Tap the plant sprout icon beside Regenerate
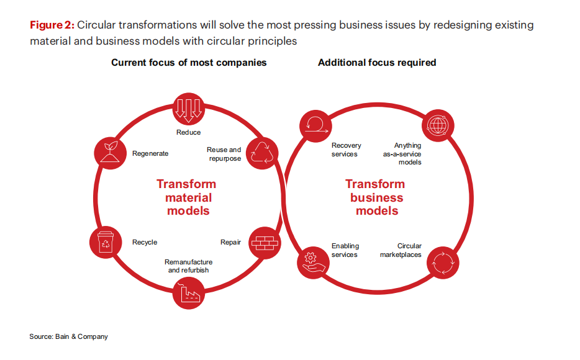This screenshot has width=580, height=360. [x=111, y=153]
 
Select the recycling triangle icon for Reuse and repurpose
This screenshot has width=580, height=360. [x=263, y=153]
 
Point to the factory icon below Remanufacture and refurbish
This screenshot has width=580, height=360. [x=189, y=293]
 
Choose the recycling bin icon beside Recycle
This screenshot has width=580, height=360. [x=106, y=243]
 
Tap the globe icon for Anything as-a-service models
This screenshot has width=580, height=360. [x=439, y=127]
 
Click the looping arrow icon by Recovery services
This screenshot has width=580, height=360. [x=314, y=127]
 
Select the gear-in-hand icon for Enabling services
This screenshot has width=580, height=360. [x=314, y=261]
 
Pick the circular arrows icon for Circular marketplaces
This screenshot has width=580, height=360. [x=444, y=262]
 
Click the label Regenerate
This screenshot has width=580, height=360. [x=150, y=153]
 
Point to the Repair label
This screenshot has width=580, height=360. [x=230, y=242]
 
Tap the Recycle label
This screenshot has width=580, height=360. [x=145, y=242]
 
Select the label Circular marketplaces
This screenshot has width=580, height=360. [x=401, y=250]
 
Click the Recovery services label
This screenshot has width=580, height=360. [x=346, y=150]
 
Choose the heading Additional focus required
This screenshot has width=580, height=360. [x=377, y=63]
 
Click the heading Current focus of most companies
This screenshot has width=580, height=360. [x=189, y=63]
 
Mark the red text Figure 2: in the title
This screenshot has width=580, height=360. [x=52, y=25]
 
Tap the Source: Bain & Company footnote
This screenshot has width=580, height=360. [x=68, y=336]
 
